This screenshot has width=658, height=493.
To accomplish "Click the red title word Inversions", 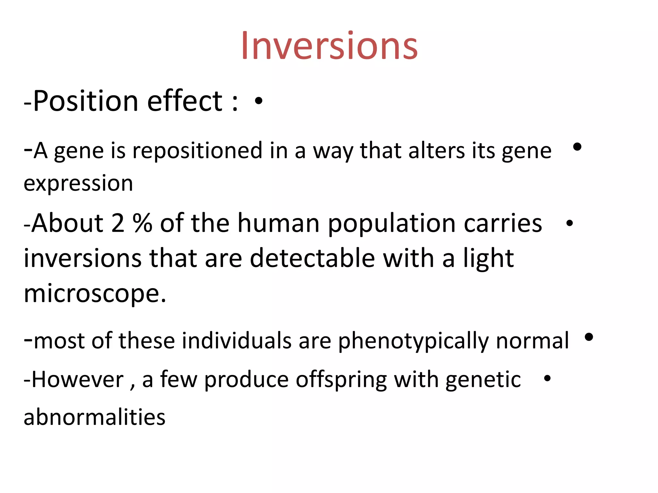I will tap(329, 46).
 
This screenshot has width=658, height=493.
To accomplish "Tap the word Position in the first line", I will tap(86, 101).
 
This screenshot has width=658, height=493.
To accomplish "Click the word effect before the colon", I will tap(185, 101).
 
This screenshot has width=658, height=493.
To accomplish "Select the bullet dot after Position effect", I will tap(258, 101).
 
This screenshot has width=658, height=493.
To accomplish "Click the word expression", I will tap(78, 184).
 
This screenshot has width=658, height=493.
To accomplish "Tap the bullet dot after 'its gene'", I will tap(577, 147).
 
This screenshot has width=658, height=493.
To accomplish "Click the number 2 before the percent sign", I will tap(118, 223).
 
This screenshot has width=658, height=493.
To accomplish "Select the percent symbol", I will tap(142, 223).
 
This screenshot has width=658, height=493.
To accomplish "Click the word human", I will tap(278, 223).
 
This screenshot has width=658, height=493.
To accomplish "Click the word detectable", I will tap(312, 258).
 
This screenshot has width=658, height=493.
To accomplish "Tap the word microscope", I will tap(95, 294).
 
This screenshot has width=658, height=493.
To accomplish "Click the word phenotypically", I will tap(413, 341).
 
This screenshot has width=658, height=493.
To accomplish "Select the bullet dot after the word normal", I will tap(589, 337).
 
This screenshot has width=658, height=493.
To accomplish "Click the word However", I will tap(78, 380).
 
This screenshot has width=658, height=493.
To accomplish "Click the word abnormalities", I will tap(94, 417).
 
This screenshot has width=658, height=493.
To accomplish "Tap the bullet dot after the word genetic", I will tap(547, 379).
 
